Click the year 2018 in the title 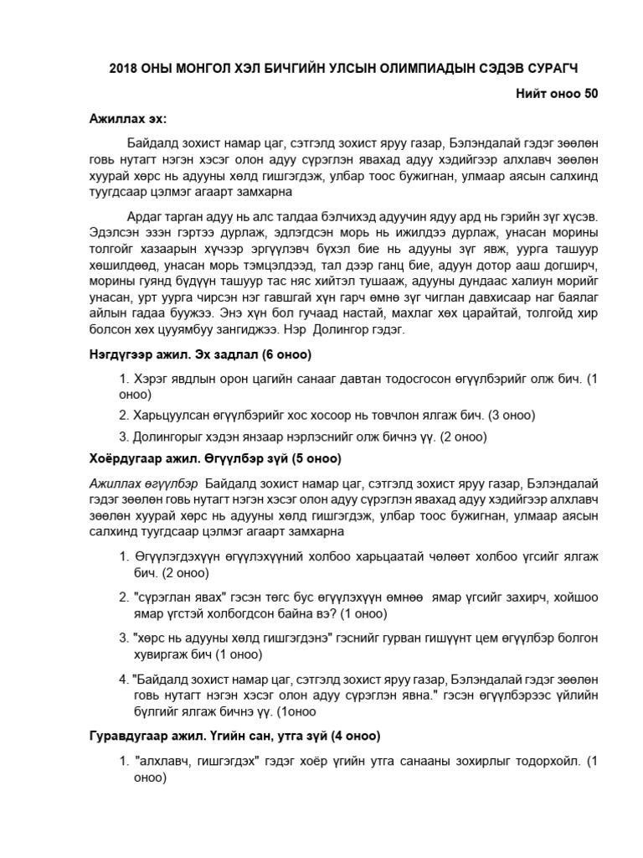click(x=124, y=67)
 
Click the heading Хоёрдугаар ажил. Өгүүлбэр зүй click(x=215, y=459)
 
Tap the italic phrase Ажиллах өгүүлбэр click(x=143, y=483)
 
